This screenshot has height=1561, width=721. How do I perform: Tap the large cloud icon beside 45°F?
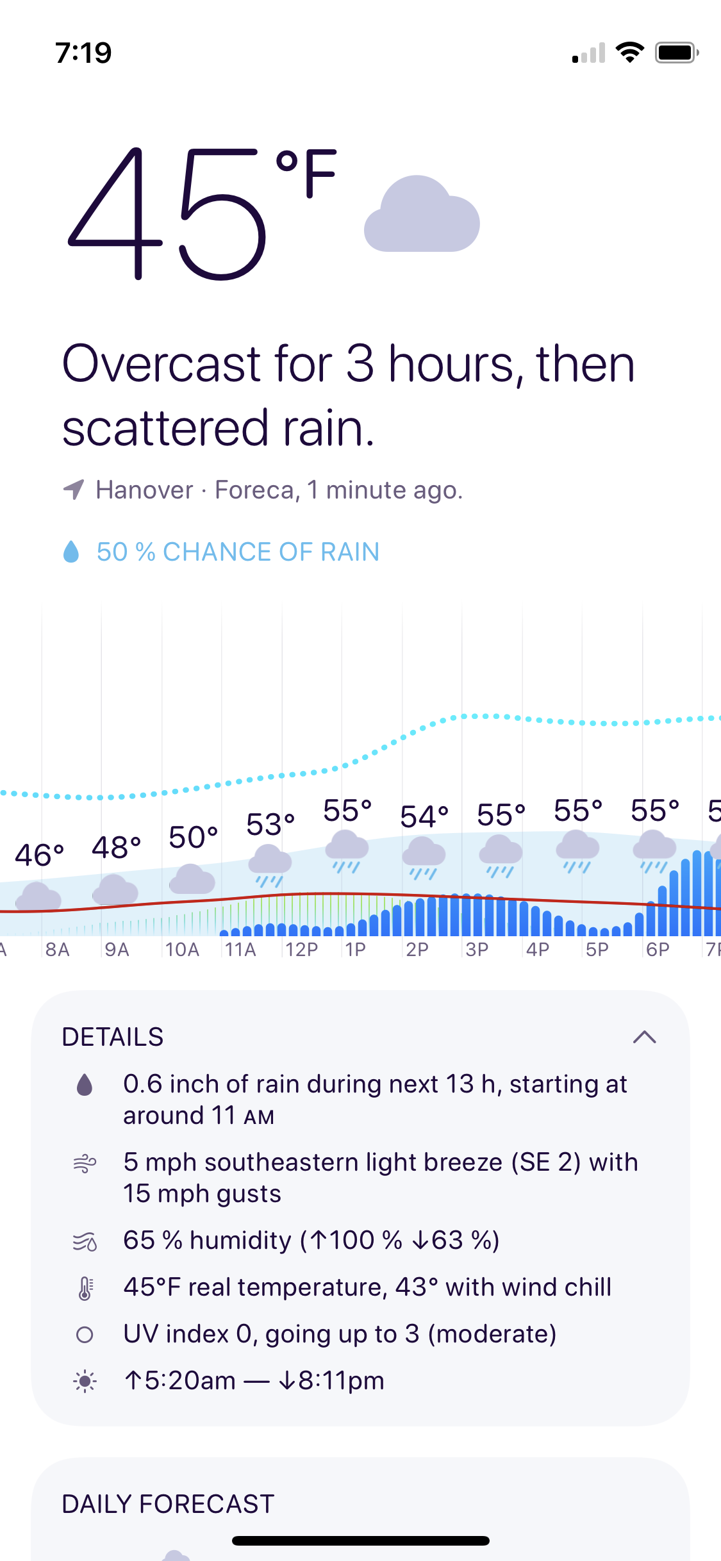pyautogui.click(x=422, y=215)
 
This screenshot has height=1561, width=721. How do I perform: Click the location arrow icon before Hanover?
pyautogui.click(x=74, y=490)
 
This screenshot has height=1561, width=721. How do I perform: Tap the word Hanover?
pyautogui.click(x=144, y=490)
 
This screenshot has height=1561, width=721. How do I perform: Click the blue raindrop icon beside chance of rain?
pyautogui.click(x=71, y=552)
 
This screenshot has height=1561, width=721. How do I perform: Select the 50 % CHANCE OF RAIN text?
pyautogui.click(x=238, y=552)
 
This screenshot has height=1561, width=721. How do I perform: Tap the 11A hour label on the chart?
pyautogui.click(x=240, y=949)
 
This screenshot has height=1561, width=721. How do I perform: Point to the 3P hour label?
pyautogui.click(x=477, y=949)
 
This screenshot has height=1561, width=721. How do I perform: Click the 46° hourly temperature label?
pyautogui.click(x=40, y=855)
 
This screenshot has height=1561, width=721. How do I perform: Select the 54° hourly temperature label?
pyautogui.click(x=424, y=817)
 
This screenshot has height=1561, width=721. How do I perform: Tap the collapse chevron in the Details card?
pyautogui.click(x=644, y=1037)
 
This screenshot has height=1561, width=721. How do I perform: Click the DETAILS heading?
pyautogui.click(x=113, y=1037)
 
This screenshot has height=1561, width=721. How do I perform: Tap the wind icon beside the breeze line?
pyautogui.click(x=85, y=1163)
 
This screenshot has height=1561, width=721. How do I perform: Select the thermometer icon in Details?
pyautogui.click(x=85, y=1288)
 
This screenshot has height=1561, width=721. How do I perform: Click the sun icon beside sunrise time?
pyautogui.click(x=85, y=1381)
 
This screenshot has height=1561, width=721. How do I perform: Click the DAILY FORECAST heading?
pyautogui.click(x=168, y=1504)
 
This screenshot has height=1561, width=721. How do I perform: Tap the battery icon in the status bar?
pyautogui.click(x=676, y=53)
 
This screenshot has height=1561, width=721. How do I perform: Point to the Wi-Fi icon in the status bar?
pyautogui.click(x=629, y=53)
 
